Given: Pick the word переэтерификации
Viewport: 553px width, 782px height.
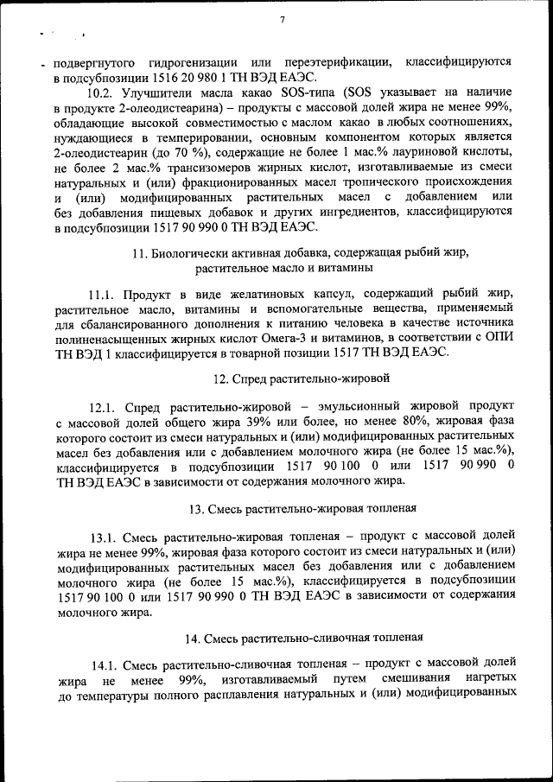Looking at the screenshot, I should point(336,62).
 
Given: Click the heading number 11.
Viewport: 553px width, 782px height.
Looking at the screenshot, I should point(141,253).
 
